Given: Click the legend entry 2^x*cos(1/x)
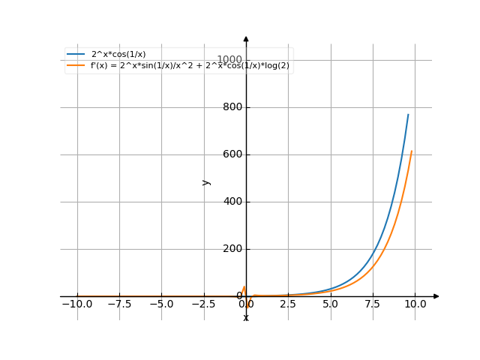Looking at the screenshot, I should point(118,54).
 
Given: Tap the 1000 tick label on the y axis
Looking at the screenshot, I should point(229,60).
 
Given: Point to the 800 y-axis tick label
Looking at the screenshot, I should point(232,107).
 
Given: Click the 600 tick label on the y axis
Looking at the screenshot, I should point(232,154).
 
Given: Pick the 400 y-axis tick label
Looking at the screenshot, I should point(232,202).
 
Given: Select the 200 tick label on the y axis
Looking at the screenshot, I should point(232,249).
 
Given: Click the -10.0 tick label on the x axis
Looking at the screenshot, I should point(76,304).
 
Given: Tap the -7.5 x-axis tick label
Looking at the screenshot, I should point(119,304).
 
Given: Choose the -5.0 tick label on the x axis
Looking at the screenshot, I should point(161,304).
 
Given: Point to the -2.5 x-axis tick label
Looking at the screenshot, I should point(203,304).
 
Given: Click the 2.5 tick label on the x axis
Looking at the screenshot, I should point(288,304).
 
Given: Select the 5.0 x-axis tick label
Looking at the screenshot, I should point(330,304).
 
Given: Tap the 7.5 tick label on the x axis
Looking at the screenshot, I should point(373,304).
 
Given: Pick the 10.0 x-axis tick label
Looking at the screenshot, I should point(415,304).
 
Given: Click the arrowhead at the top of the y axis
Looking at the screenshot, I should point(246,38).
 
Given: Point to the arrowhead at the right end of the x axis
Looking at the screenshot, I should point(436,296).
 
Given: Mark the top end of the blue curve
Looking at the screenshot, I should point(409,114).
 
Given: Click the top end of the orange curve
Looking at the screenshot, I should point(412,151).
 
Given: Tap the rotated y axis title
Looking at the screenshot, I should point(206,181).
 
